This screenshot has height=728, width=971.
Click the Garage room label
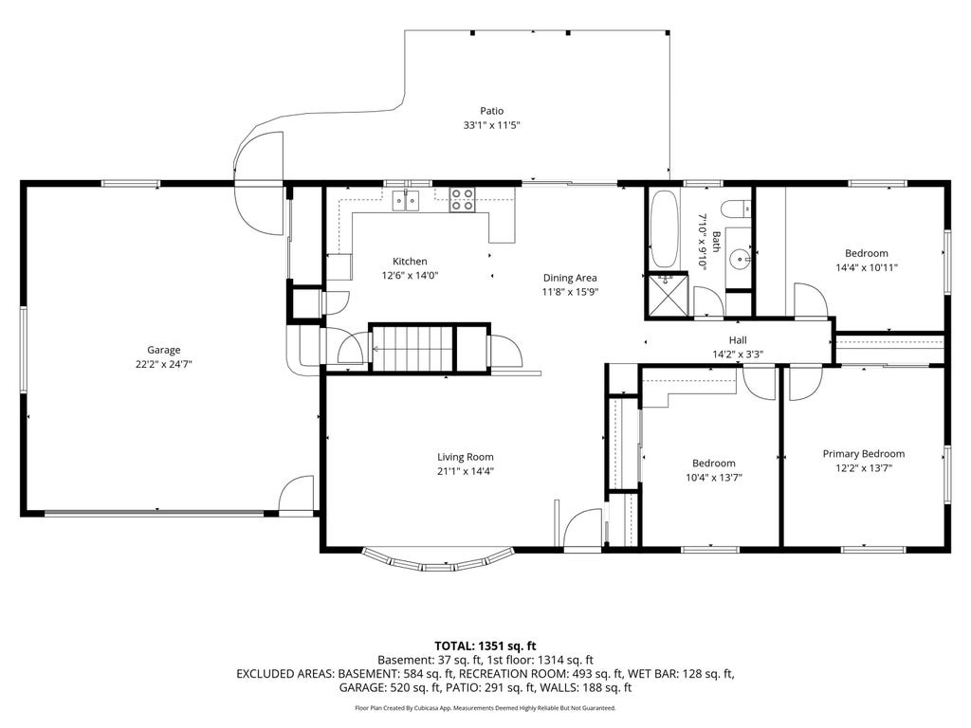[163, 350]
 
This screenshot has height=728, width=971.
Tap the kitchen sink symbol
[406, 201]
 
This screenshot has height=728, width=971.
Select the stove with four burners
[462, 199]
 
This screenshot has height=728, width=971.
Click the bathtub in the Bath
[665, 228]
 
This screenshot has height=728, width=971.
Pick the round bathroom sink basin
[740, 258]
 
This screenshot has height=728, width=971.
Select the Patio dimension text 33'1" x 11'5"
[492, 125]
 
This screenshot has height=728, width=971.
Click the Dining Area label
[570, 278]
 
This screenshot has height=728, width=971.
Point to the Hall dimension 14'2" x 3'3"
[738, 355]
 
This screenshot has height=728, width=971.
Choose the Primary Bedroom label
[863, 454]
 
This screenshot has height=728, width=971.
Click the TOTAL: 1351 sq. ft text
[485, 646]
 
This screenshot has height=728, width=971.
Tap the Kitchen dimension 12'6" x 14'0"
[410, 276]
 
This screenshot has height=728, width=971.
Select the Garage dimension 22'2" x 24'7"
[163, 365]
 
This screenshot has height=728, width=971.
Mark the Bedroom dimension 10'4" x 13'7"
[714, 478]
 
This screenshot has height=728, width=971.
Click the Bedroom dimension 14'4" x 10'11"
[867, 268]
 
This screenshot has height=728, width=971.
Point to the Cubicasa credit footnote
[485, 707]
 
